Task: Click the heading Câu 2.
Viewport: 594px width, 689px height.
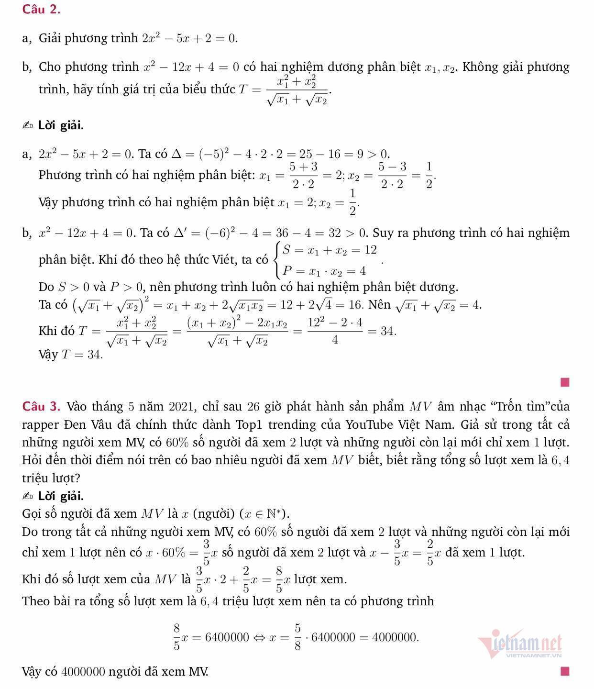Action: [x=41, y=9]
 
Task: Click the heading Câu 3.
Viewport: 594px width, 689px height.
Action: [x=41, y=407]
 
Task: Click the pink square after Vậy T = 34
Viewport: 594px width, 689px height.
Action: [x=565, y=382]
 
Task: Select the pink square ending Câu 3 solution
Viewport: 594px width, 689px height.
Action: [x=565, y=671]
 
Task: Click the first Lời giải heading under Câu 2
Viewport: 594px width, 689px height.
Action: [x=61, y=126]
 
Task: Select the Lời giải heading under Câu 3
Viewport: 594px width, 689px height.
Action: [x=61, y=496]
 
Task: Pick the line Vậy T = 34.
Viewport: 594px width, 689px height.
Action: [x=70, y=355]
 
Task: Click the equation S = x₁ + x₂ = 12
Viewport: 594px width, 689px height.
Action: [x=330, y=250]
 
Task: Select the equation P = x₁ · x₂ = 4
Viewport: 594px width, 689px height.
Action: [x=324, y=271]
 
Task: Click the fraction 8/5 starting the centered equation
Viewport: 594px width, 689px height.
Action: [x=176, y=637]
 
